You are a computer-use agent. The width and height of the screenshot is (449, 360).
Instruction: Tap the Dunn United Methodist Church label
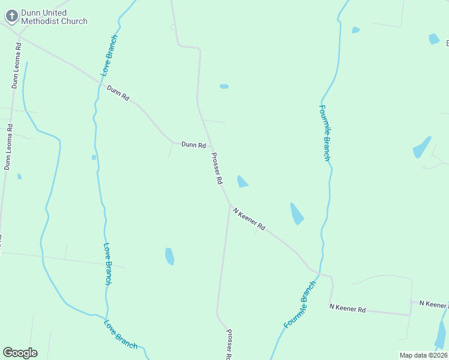(x=54, y=17)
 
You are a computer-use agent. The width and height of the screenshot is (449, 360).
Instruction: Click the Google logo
(x=20, y=353)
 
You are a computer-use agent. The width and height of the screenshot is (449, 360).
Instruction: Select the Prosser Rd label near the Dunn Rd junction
(x=217, y=168)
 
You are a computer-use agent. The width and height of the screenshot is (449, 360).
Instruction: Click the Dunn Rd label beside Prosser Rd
(x=194, y=145)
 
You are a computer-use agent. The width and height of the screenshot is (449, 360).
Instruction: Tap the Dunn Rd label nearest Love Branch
(x=118, y=92)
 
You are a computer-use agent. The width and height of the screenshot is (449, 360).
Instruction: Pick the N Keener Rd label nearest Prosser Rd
(x=249, y=220)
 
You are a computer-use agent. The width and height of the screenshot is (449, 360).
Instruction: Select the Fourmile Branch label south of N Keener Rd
(x=300, y=304)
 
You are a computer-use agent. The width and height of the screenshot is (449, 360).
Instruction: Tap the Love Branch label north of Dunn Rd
(x=109, y=55)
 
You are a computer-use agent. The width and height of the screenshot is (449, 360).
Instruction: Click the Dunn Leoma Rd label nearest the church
(x=16, y=65)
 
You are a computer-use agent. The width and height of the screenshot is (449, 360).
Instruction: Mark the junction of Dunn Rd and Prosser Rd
(x=209, y=146)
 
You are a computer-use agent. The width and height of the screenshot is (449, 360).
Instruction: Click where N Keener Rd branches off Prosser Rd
(x=229, y=206)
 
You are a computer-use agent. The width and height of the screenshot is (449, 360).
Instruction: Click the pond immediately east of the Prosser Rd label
(x=243, y=181)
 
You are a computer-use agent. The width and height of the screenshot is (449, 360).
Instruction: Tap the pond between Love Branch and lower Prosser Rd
(x=170, y=256)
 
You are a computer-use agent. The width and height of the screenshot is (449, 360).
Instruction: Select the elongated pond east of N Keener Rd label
(x=297, y=214)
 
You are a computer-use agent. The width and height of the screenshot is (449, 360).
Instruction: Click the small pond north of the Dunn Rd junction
(x=224, y=86)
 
